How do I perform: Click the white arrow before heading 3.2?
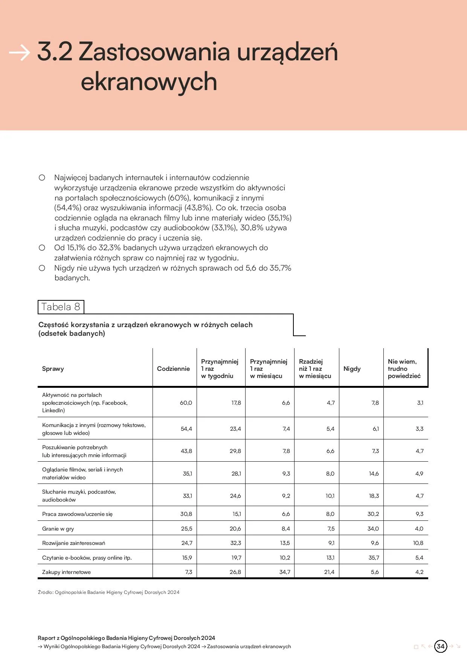(x=19, y=52)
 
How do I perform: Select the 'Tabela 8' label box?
(x=61, y=307)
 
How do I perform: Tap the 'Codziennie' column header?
(x=173, y=369)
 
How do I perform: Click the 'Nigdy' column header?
(x=352, y=369)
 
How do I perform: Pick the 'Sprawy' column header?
(x=53, y=369)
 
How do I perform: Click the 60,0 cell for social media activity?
(x=186, y=403)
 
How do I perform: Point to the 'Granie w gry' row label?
(x=58, y=529)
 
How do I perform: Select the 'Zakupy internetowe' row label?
(x=66, y=572)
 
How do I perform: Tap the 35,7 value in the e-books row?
(x=374, y=558)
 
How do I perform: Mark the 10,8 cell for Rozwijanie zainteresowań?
(x=418, y=543)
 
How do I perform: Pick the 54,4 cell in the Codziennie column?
(x=186, y=429)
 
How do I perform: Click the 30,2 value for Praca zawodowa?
(x=373, y=514)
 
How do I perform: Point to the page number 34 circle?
(x=440, y=646)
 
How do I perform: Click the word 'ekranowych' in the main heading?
(x=149, y=82)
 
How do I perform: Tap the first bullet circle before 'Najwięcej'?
(x=42, y=177)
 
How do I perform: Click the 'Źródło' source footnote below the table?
(x=108, y=592)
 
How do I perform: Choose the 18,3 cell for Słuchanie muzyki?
(x=374, y=496)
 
